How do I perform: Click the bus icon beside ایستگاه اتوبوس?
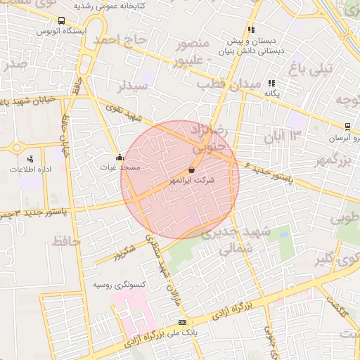point(62,21)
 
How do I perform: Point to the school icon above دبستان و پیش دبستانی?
point(251,30)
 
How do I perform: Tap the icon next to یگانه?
point(272,83)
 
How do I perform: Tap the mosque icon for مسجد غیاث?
point(119,157)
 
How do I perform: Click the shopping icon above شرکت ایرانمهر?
point(192,169)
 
